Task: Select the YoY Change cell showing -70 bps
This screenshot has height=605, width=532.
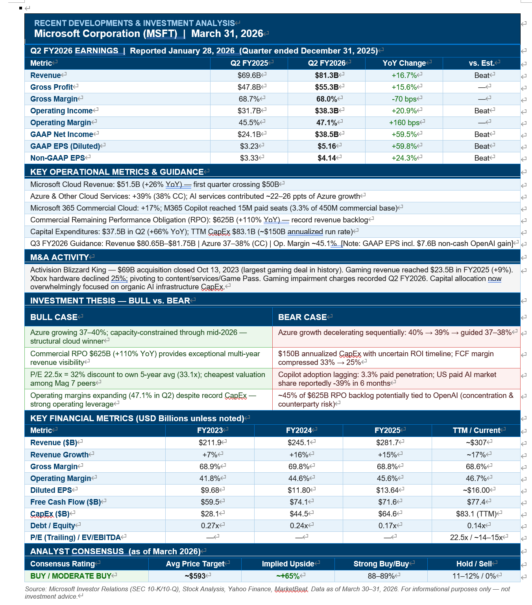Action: (x=405, y=99)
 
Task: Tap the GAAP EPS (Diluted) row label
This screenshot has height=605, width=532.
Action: (x=65, y=146)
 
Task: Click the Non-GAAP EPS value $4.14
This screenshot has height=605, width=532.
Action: (x=327, y=158)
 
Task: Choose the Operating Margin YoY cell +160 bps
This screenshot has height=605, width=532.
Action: (x=405, y=122)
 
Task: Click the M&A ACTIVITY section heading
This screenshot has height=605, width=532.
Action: (x=59, y=257)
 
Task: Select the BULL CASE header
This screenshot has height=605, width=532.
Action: (x=54, y=317)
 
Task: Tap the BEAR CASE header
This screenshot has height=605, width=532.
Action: (x=302, y=317)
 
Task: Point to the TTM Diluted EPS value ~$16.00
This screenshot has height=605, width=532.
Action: (x=477, y=490)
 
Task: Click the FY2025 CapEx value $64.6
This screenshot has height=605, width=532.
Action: (x=387, y=514)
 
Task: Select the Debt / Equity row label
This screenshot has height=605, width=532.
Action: (x=53, y=525)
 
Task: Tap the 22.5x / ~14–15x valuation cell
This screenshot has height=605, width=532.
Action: (x=476, y=537)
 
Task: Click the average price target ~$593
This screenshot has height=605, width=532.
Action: (x=195, y=576)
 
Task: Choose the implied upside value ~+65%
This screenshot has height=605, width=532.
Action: (x=288, y=576)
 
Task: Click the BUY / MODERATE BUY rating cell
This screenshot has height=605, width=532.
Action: (x=71, y=576)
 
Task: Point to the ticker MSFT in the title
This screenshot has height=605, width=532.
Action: (x=161, y=33)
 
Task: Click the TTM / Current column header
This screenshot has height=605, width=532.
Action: (x=476, y=430)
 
